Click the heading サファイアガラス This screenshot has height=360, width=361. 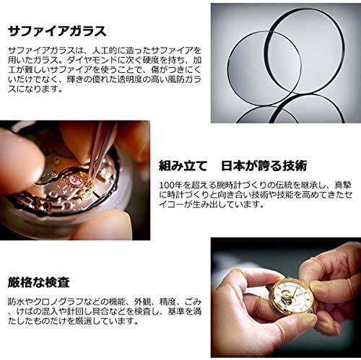pyautogui.click(x=57, y=32)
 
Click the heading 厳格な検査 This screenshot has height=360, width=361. pyautogui.click(x=39, y=282)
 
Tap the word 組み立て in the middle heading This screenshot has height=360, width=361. pyautogui.click(x=183, y=166)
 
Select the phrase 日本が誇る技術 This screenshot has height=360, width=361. pyautogui.click(x=264, y=166)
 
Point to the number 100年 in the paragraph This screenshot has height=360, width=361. pyautogui.click(x=170, y=185)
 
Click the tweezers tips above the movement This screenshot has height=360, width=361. pyautogui.click(x=91, y=178)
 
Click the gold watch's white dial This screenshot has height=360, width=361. pyautogui.click(x=293, y=297)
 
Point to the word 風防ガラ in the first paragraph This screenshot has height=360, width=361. pyautogui.click(x=182, y=79)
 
